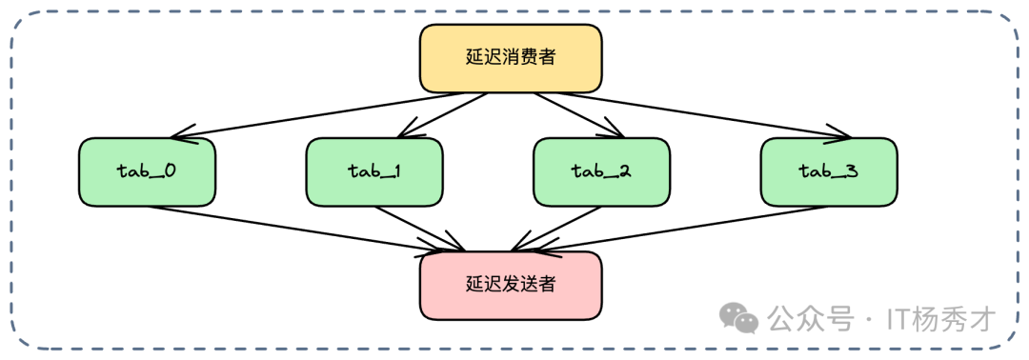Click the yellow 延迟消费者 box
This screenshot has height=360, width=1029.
pos(511,58)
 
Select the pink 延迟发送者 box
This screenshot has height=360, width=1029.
pos(511,285)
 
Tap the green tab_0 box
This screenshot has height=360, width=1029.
pos(148,171)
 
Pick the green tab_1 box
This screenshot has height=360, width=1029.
pos(374,171)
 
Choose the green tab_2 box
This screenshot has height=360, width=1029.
pos(601,171)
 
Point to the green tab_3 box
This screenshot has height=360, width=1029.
pos(828,171)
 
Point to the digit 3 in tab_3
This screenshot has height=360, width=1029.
pos(851,171)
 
